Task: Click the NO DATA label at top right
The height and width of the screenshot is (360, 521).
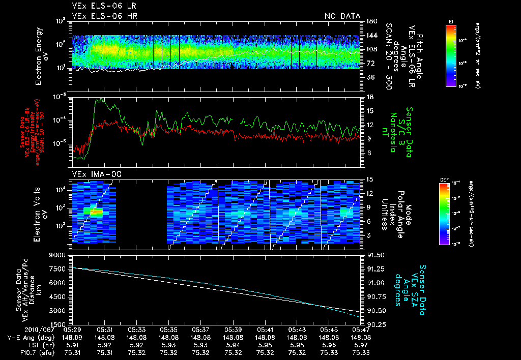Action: click(342, 16)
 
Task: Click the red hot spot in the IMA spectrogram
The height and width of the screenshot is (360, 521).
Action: click(96, 211)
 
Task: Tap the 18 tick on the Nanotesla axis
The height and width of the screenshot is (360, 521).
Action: click(370, 97)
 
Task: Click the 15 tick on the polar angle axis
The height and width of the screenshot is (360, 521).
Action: click(370, 179)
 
